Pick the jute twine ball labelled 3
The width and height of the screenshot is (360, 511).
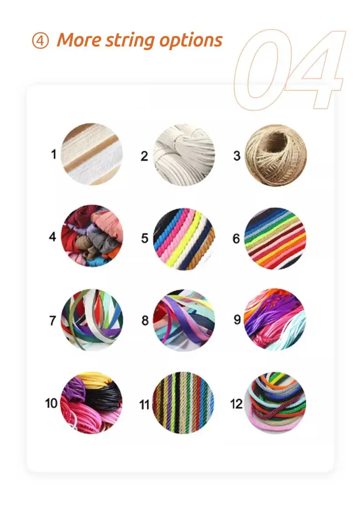point(276,156)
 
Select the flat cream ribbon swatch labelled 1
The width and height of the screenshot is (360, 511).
point(92,154)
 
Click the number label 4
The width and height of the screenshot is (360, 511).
point(53,237)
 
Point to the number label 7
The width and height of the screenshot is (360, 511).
point(53,320)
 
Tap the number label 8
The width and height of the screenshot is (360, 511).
point(145,321)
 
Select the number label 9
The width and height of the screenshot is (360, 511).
point(237,320)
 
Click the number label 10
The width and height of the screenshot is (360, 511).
point(51,403)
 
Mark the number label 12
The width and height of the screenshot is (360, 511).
point(237,404)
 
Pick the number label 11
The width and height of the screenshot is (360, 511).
point(144,404)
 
